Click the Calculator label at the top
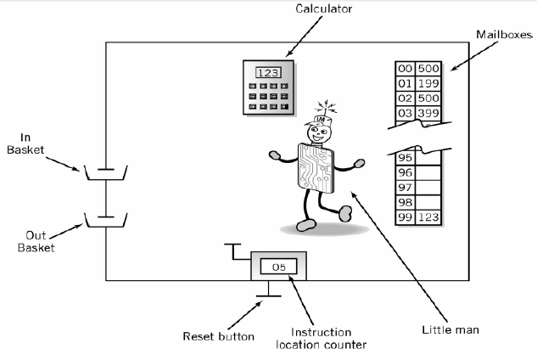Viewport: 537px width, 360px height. (x=323, y=9)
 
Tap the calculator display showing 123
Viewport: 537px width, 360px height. (x=267, y=73)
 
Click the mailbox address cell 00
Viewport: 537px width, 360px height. (x=405, y=69)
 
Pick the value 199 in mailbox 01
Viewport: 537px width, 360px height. (x=428, y=83)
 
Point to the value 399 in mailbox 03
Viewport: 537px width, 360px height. (x=428, y=113)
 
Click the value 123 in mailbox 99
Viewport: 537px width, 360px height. (x=428, y=217)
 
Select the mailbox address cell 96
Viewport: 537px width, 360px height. (x=405, y=172)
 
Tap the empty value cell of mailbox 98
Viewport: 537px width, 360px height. (x=428, y=202)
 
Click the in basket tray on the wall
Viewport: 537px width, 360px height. (x=105, y=176)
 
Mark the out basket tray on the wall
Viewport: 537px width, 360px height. (x=105, y=223)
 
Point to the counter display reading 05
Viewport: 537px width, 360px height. (x=277, y=267)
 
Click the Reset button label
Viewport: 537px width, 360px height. (x=219, y=336)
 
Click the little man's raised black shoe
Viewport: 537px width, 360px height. (x=346, y=212)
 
